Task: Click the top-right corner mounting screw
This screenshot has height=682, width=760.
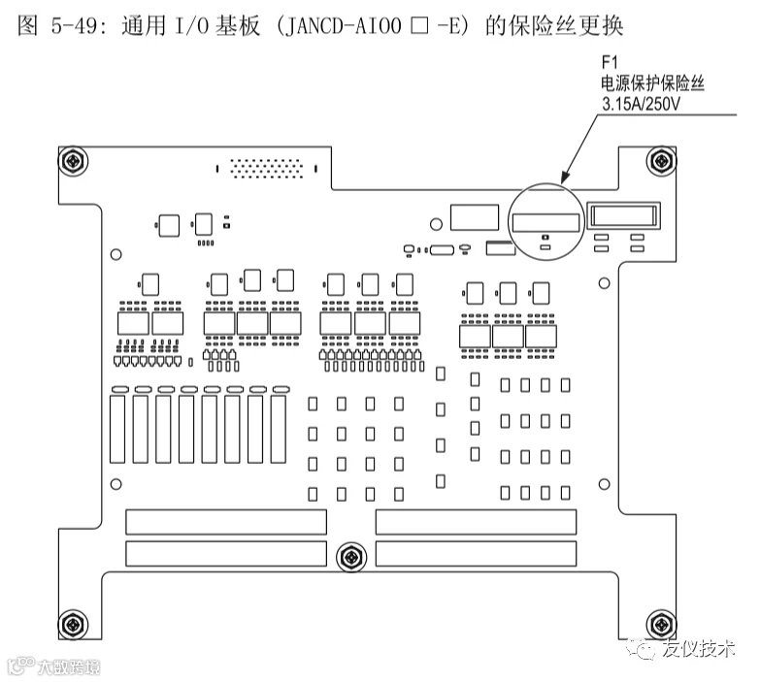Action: tap(661, 159)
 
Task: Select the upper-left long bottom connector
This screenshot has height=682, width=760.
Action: tap(226, 522)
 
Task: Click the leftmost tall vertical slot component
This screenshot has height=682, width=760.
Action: tap(117, 428)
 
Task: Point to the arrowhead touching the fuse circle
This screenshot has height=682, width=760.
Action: tap(564, 181)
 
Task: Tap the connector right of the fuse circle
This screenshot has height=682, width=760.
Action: tap(625, 216)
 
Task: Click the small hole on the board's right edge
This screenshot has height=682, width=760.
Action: tap(604, 282)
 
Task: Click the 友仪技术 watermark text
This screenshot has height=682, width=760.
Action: tap(699, 648)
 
